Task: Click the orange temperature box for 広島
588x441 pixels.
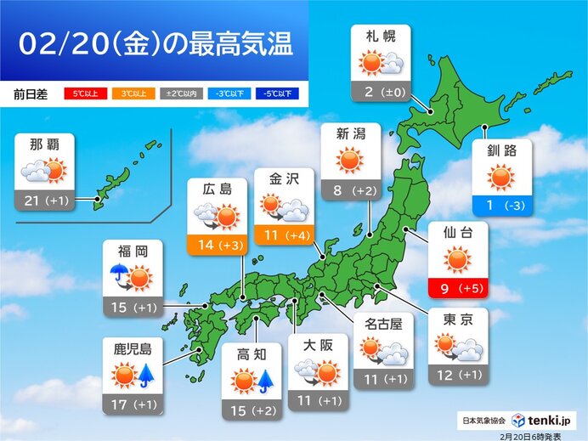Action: click(217, 246)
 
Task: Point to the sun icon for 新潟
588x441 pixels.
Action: click(349, 160)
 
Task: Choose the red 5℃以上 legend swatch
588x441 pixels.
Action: click(80, 94)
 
